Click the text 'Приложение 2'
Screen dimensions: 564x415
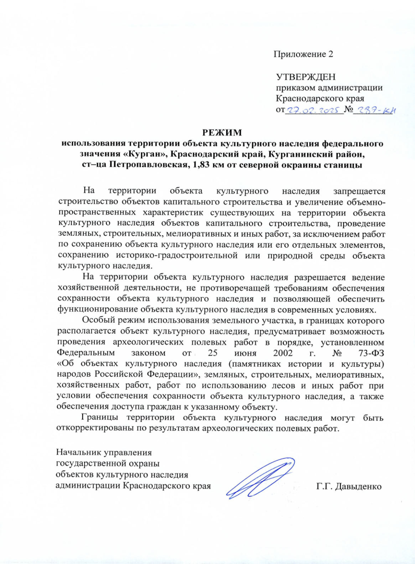pyautogui.click(x=303, y=54)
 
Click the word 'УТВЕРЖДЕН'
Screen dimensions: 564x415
pyautogui.click(x=306, y=76)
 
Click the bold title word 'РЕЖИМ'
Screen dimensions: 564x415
pyautogui.click(x=222, y=132)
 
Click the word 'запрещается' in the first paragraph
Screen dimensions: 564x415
pyautogui.click(x=359, y=191)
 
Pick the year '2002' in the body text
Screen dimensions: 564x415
pyautogui.click(x=283, y=353)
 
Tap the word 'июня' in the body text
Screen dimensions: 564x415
pyautogui.click(x=245, y=353)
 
